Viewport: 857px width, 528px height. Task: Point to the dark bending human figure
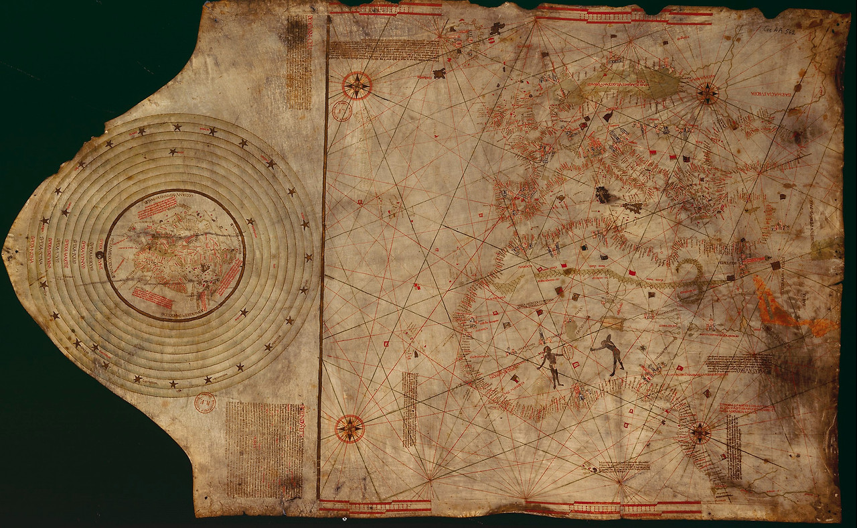click(x=611, y=353)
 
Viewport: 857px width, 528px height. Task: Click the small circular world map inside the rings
click(x=175, y=254)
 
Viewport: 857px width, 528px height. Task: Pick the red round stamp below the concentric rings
click(x=204, y=402)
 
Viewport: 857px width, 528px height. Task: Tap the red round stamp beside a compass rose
click(x=341, y=111)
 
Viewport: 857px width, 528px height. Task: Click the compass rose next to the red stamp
click(x=357, y=86)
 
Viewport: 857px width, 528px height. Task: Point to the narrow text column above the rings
click(x=299, y=62)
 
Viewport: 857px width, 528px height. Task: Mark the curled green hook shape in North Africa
click(x=690, y=271)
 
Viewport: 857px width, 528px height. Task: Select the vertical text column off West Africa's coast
click(x=409, y=409)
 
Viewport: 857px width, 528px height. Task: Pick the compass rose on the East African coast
click(x=700, y=433)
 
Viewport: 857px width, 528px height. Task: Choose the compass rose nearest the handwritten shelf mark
click(x=707, y=92)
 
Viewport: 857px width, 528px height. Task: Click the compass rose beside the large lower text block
click(x=349, y=428)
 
